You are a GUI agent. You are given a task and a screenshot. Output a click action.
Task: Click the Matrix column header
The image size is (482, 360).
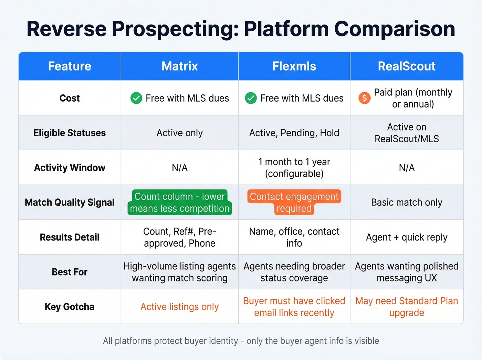coord(179,66)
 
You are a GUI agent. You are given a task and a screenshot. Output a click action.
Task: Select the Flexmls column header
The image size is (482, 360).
coord(294,66)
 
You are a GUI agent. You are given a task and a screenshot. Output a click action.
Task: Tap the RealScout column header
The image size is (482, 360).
coord(407,66)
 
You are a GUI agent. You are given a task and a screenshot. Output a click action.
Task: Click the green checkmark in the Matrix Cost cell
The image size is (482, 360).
coord(136,98)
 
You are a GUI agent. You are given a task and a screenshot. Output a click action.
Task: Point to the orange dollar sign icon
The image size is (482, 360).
coord(364,98)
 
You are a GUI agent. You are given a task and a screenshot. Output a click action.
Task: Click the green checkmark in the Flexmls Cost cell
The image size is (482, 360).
coord(251,98)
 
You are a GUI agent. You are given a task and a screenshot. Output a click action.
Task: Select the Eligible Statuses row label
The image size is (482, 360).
coord(70,133)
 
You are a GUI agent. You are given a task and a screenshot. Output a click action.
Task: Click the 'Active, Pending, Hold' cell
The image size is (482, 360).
coord(294,133)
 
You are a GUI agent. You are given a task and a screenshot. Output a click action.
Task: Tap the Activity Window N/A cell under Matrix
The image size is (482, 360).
coord(179,168)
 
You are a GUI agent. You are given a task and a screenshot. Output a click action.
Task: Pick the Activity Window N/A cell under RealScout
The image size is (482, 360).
coord(407,168)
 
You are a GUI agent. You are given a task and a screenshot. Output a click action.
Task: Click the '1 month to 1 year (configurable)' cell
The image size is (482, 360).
coord(294,168)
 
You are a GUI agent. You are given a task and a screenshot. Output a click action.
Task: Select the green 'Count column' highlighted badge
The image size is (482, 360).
coord(179,202)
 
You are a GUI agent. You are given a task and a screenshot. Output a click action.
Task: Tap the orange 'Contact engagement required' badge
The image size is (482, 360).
coord(294,202)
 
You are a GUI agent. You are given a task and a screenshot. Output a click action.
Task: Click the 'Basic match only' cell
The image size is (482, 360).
coord(407,202)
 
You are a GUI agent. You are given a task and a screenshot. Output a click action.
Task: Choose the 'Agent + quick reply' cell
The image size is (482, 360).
coord(407,237)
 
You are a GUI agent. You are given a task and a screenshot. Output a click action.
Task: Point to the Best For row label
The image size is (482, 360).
coord(70,272)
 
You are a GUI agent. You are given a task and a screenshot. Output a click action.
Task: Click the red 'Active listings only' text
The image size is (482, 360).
coord(179,307)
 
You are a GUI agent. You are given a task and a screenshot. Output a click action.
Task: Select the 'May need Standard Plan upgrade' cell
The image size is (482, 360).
coord(407,307)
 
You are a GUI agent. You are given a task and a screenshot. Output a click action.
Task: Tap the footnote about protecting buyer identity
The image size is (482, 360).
coord(241,341)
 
